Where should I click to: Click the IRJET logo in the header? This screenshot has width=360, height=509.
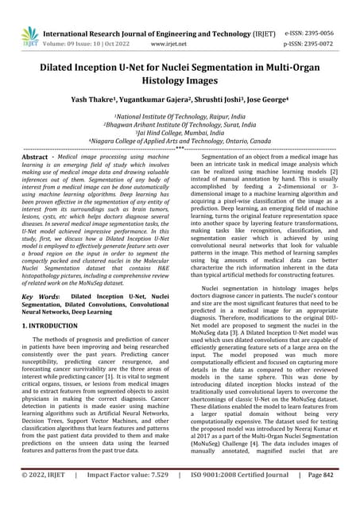pos(29,35)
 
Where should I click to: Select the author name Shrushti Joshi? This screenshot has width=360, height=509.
pos(234,102)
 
